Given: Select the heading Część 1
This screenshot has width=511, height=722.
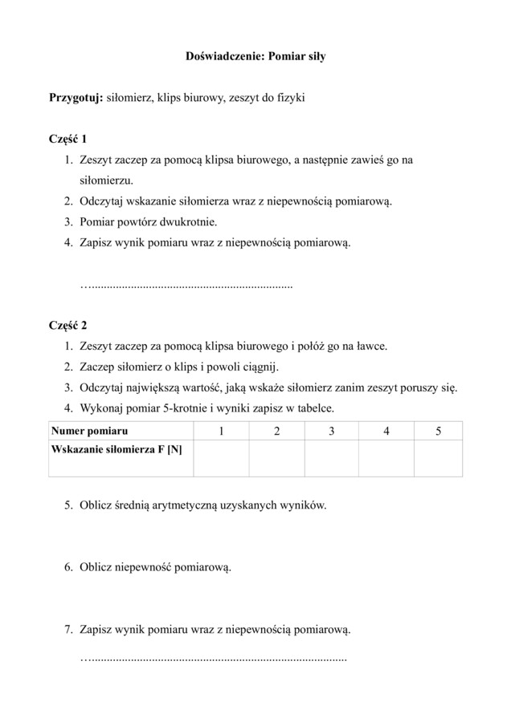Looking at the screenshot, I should tap(67, 139).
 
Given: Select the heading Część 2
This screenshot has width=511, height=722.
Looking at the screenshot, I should tap(67, 326).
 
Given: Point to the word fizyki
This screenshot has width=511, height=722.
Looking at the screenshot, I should tap(288, 98).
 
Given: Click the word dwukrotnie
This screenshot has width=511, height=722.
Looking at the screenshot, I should tap(188, 221).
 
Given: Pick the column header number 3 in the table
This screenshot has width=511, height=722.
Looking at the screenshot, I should tap(331, 431).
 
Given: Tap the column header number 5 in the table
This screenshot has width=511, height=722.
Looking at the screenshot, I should tap(438, 431).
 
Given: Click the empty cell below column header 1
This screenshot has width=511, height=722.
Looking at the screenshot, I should tap(221, 458).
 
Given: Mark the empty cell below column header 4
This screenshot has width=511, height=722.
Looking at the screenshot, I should tap(386, 458).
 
